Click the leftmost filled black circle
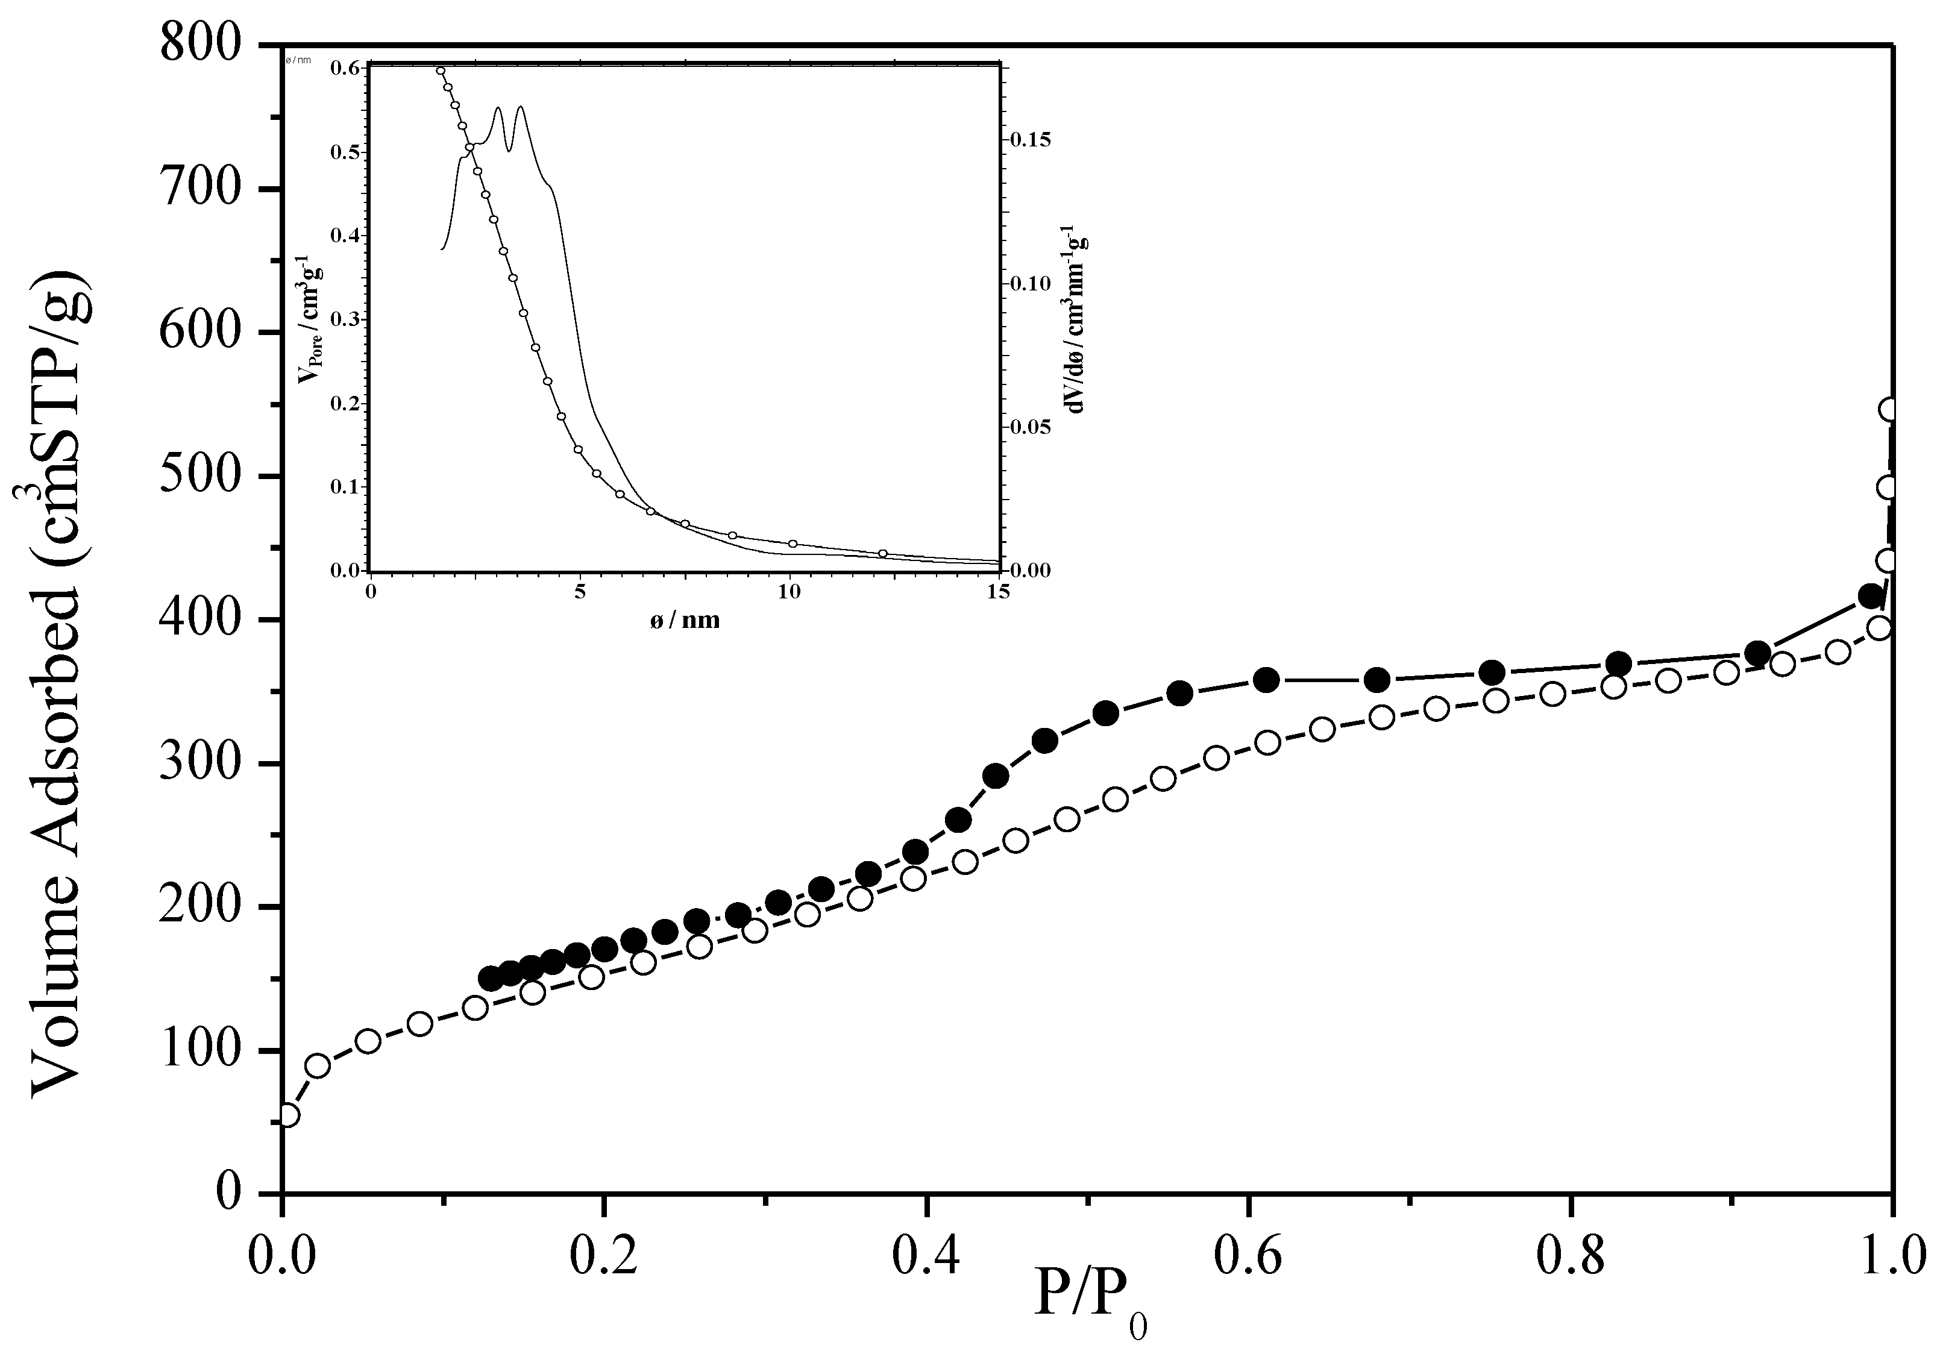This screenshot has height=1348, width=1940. (491, 979)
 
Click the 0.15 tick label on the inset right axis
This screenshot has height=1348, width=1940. (1031, 139)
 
